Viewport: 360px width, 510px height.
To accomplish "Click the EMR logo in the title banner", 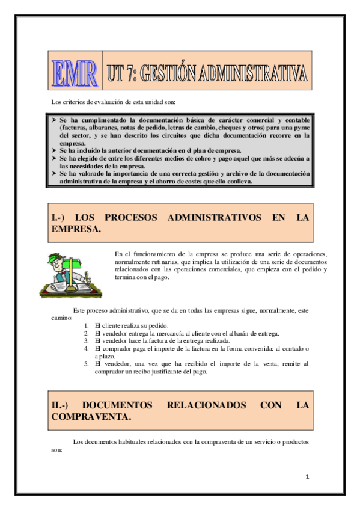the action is pyautogui.click(x=75, y=73).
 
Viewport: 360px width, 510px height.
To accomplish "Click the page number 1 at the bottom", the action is pyautogui.click(x=307, y=477).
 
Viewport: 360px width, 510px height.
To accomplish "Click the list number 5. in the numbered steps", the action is pyautogui.click(x=87, y=364).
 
